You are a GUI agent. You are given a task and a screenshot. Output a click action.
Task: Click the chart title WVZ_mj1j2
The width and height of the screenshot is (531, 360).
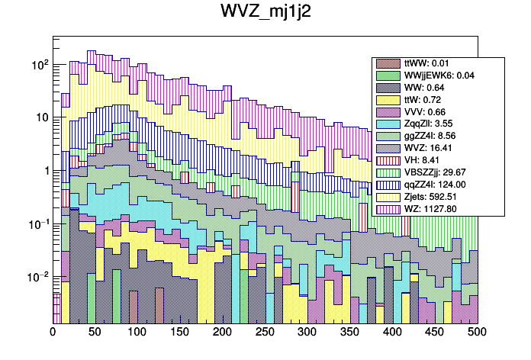pyautogui.click(x=265, y=13)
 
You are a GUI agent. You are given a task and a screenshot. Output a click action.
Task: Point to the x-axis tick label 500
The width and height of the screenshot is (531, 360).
pyautogui.click(x=476, y=333)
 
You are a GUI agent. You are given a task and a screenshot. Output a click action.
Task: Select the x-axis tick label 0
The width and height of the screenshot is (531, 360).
pyautogui.click(x=53, y=333)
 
